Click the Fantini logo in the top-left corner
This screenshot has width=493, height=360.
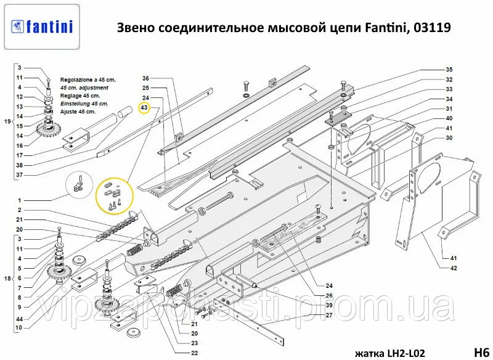click(x=42, y=27)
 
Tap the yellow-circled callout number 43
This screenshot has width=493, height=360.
click(x=144, y=108)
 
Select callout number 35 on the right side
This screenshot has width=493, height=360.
click(x=449, y=70)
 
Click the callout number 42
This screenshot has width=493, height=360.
click(x=454, y=268)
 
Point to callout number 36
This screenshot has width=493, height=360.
click(x=145, y=78)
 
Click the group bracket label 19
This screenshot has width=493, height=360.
click(x=7, y=121)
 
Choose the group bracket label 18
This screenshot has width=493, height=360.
click(x=7, y=279)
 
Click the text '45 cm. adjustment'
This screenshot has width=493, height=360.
click(x=84, y=88)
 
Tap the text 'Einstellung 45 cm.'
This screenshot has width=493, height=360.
click(x=84, y=104)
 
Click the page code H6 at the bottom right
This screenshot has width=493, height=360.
click(x=481, y=352)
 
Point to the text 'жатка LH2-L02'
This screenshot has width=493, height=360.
click(x=390, y=353)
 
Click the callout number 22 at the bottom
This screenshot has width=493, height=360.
click(x=195, y=353)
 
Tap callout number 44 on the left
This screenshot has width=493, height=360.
click(x=20, y=319)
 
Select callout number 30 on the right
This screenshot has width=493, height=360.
click(x=449, y=138)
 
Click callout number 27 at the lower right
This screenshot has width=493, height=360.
click(x=329, y=316)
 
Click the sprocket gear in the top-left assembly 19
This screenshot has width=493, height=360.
click(x=49, y=130)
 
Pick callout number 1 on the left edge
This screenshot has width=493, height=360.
click(x=20, y=200)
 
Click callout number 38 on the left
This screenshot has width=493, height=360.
click(x=20, y=165)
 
